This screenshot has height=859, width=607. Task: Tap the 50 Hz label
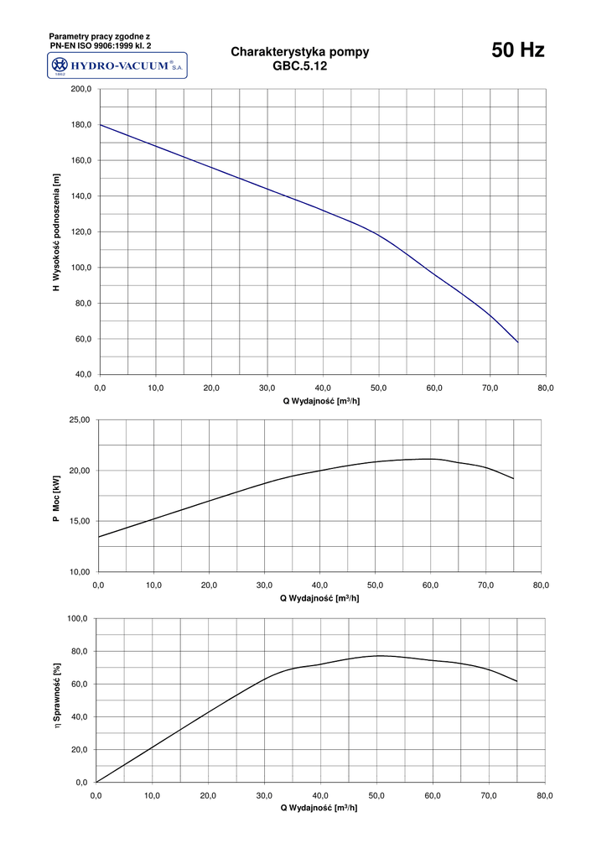pyautogui.click(x=518, y=50)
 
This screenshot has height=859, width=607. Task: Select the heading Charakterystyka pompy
pyautogui.click(x=299, y=52)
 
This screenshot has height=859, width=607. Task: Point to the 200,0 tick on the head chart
pyautogui.click(x=81, y=89)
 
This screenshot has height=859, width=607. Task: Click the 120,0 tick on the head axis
pyautogui.click(x=81, y=232)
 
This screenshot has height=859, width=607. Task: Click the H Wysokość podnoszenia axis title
pyautogui.click(x=56, y=232)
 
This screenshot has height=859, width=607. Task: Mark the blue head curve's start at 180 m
pyautogui.click(x=100, y=124)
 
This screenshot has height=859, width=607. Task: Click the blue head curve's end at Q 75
pyautogui.click(x=518, y=342)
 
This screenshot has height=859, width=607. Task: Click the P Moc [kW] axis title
pyautogui.click(x=56, y=496)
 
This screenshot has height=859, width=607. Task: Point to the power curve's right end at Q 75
pyautogui.click(x=513, y=478)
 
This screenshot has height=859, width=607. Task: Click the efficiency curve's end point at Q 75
pyautogui.click(x=516, y=681)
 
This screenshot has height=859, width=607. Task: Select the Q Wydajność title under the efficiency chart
pyautogui.click(x=319, y=809)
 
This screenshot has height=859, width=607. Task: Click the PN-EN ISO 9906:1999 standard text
pyautogui.click(x=100, y=46)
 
